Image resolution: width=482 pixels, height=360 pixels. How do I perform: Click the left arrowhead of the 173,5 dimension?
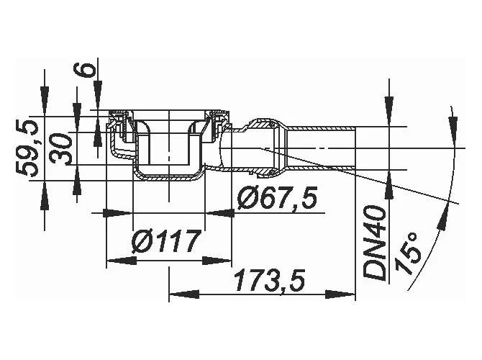click(176, 294)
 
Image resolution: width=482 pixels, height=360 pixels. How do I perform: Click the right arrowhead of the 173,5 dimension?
click(349, 294)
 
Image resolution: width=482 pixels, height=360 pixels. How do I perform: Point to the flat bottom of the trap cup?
click(168, 177)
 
